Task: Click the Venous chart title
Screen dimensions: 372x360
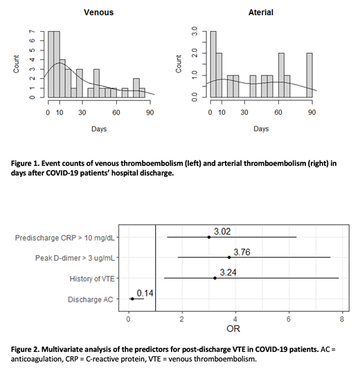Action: click(x=100, y=12)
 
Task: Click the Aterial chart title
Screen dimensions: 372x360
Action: click(x=261, y=12)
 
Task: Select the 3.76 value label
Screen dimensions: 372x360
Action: click(x=242, y=252)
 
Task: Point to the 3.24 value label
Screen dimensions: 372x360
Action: click(x=228, y=272)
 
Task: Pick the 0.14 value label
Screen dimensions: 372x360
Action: click(x=145, y=293)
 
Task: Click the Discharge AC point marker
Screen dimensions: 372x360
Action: click(x=132, y=299)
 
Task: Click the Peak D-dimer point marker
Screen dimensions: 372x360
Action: click(x=229, y=258)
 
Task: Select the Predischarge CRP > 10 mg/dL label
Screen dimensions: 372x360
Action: click(x=64, y=237)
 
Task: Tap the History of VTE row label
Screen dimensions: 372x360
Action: click(x=91, y=279)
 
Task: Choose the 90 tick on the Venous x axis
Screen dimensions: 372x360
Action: click(x=150, y=112)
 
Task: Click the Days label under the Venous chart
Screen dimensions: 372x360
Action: click(x=99, y=129)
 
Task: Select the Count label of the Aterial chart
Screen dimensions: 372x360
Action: click(x=179, y=64)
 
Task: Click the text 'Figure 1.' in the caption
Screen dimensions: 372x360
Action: click(x=30, y=163)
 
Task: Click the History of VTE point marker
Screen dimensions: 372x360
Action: click(x=215, y=279)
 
